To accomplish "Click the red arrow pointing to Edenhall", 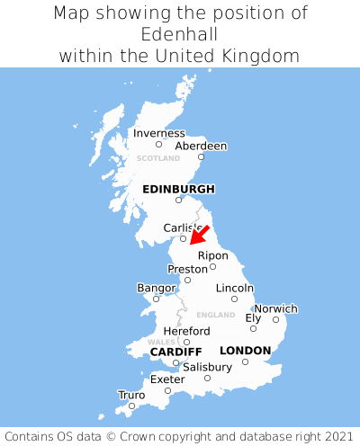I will point(200,234).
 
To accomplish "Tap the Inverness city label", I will point(158,133).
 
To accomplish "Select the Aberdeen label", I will point(201,146).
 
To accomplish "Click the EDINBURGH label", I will point(178,189).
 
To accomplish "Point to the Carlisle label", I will point(183,228).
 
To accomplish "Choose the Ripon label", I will point(213,255).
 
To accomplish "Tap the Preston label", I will point(187,269).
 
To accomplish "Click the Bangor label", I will point(156,288).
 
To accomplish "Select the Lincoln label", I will point(235,288).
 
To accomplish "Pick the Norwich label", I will point(275,308).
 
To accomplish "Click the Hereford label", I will point(186,331).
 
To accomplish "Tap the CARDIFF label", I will point(175,351).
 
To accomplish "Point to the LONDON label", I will point(245,351).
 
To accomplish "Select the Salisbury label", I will point(207,367).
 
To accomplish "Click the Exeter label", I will point(167,379).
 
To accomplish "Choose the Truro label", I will point(131,395).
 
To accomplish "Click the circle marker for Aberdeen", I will point(202,157).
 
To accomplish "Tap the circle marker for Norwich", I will point(276,319).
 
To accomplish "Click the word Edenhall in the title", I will point(179,34).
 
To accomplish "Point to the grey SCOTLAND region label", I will point(157,158).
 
